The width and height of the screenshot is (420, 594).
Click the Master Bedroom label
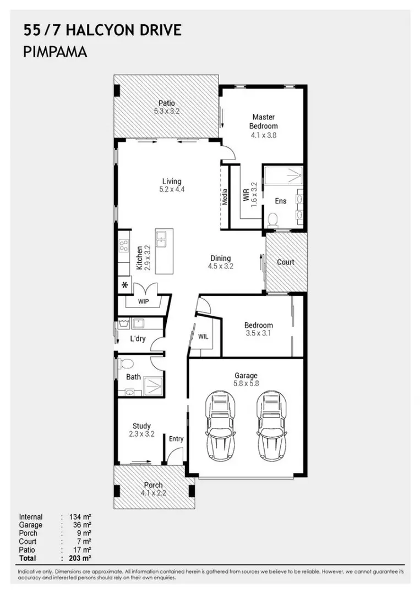[x=264, y=122]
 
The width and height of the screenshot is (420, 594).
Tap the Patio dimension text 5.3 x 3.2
[x=167, y=111]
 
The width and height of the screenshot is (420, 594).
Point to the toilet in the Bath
[x=126, y=364]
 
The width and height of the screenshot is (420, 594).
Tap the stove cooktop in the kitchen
[x=123, y=246]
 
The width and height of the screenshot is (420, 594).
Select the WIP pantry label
[x=143, y=301]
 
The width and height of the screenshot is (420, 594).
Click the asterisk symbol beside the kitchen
[x=125, y=284]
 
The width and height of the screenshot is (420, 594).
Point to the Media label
[x=225, y=197]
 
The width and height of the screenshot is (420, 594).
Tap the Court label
[x=286, y=262]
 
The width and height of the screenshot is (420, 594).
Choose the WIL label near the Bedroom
[x=203, y=337]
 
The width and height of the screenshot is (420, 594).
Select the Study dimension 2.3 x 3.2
[x=142, y=434]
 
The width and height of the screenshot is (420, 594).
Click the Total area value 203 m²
[x=80, y=558]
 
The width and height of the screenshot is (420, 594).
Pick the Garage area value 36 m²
[x=82, y=525]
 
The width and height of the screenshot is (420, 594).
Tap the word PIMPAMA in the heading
[x=56, y=52]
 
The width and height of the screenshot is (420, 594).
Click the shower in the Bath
[x=152, y=386]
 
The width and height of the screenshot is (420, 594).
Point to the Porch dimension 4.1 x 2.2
[x=153, y=493]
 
